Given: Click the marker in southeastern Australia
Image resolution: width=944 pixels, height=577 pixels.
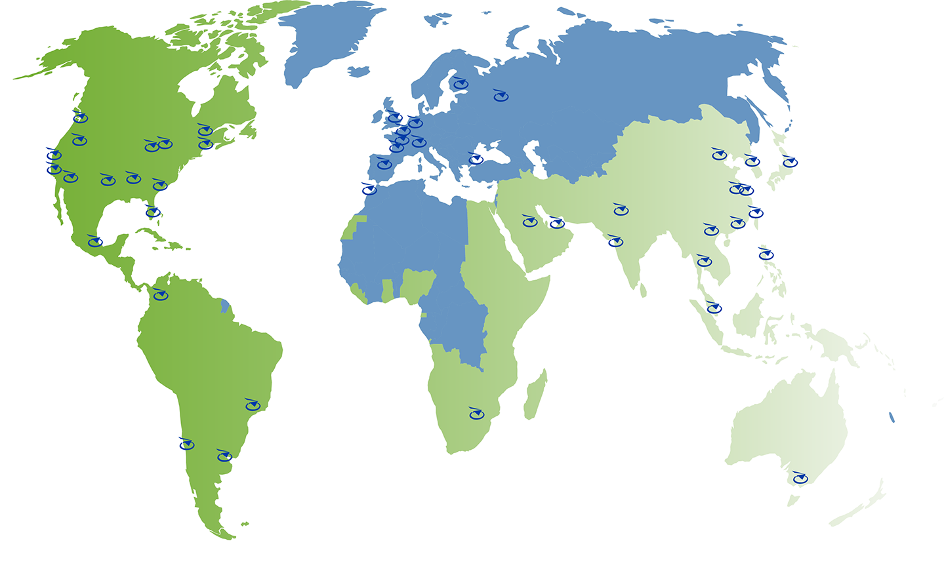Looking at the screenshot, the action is [x=800, y=479].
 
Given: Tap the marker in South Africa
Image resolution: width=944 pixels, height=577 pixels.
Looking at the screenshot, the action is [x=476, y=414].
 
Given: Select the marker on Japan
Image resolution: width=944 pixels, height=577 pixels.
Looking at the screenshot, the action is [x=790, y=162].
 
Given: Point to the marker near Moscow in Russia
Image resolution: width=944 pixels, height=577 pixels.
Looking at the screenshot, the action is [x=501, y=96].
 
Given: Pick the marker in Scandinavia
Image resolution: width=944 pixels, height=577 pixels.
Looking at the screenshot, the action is [x=461, y=84].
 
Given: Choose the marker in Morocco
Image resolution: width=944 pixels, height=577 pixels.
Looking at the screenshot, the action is [x=370, y=190].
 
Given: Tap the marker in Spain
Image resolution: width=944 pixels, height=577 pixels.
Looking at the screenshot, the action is [x=384, y=164].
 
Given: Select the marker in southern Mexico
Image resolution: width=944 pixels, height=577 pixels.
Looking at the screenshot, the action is [x=96, y=242].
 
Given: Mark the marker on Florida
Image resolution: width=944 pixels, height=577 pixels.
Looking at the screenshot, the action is [x=153, y=212].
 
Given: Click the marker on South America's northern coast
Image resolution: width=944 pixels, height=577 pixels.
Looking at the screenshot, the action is [x=161, y=295].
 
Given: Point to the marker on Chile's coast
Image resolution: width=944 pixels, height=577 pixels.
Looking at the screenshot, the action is [x=187, y=445].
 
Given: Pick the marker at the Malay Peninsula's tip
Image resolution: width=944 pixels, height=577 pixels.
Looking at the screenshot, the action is [x=714, y=308].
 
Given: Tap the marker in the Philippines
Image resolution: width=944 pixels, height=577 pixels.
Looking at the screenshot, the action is [x=766, y=254].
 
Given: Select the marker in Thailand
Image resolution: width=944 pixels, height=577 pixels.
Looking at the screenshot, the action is [x=705, y=262].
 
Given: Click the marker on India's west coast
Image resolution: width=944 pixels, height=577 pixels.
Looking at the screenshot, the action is [x=615, y=242].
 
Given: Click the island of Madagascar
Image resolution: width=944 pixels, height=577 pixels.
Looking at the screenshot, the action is [x=535, y=395].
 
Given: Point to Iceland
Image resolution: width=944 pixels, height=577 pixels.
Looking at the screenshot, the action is [x=359, y=71].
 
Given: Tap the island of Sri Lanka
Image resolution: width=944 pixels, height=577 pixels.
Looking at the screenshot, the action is [x=644, y=289].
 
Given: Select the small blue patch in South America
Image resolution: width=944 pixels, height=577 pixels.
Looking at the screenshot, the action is [x=225, y=306].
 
